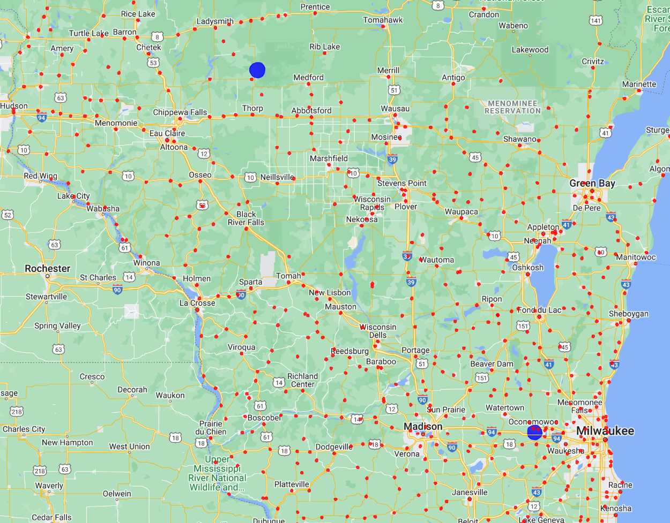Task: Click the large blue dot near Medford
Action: point(257,70)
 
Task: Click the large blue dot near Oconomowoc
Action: point(534,432)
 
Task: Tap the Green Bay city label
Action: point(592,183)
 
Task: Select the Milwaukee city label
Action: point(605,431)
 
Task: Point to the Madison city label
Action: point(423,427)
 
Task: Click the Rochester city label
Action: point(47,268)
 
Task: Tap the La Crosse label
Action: point(197,303)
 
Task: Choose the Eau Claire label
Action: point(167,133)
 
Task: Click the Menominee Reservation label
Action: point(512,107)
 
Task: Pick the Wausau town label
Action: point(394,109)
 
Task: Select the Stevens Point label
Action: point(402,183)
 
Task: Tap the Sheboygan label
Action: point(628,314)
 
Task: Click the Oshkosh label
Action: point(527,267)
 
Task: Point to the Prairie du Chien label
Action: point(211,428)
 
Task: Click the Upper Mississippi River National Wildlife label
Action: point(217,473)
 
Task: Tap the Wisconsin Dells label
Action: point(378,331)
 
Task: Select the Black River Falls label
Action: point(246,218)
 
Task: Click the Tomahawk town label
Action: point(383,20)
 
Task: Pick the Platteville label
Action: point(292,484)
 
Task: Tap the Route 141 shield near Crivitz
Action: point(595,20)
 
